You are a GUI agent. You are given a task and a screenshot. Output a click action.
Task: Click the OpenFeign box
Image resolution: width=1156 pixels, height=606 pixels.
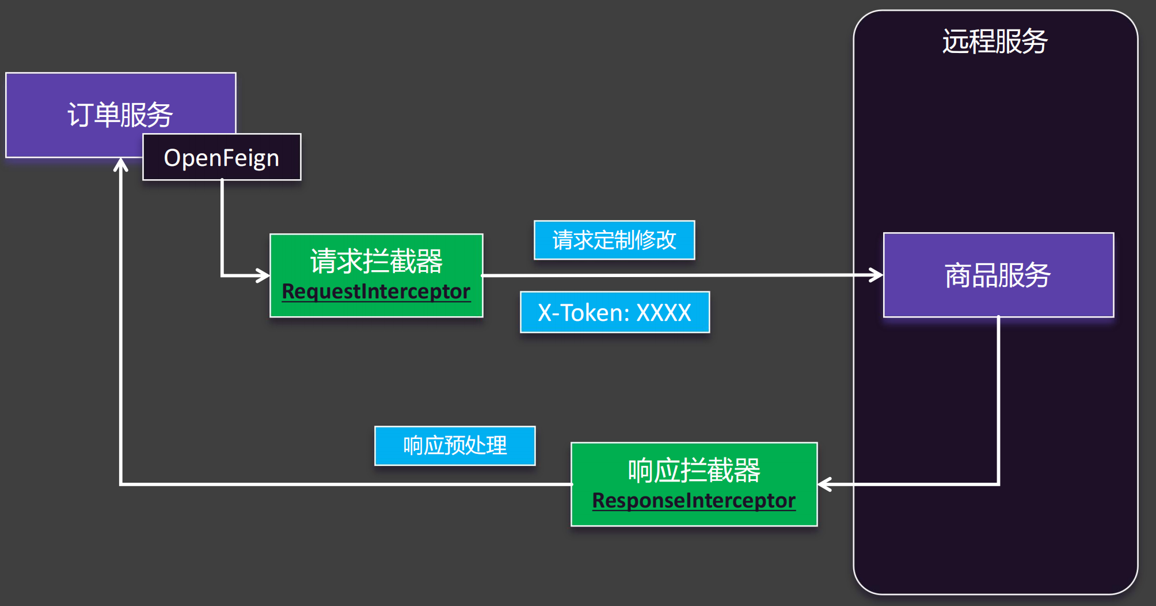[222, 157]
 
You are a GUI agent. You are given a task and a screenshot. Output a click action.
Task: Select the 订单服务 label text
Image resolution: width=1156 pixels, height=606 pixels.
[120, 115]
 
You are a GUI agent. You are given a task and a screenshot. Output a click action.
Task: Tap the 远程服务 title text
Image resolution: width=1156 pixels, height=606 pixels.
[995, 41]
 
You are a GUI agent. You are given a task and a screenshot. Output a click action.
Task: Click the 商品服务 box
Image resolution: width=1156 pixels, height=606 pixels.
[998, 275]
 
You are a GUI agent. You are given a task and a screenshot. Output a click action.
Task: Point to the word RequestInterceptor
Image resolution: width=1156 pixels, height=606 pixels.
[376, 291]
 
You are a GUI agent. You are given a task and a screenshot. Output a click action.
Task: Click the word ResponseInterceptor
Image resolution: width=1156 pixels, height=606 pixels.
[694, 500]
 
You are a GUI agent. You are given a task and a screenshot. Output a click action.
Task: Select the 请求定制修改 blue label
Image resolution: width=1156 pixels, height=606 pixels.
[614, 240]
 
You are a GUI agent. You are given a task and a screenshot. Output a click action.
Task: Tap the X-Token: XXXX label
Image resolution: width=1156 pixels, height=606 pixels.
[615, 312]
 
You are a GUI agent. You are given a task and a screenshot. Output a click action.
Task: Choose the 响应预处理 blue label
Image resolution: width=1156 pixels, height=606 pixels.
[455, 445]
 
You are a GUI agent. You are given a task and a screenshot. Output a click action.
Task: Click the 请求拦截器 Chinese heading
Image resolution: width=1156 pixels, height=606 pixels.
[376, 261]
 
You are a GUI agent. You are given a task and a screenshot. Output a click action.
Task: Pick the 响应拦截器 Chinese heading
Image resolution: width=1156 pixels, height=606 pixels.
[694, 470]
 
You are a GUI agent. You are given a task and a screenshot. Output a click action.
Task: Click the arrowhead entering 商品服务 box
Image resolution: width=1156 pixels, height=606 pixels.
[876, 275]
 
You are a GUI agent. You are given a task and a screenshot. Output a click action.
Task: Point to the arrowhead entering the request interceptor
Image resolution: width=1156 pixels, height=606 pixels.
[263, 275]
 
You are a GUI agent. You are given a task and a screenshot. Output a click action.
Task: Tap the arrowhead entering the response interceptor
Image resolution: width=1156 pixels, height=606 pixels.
[824, 484]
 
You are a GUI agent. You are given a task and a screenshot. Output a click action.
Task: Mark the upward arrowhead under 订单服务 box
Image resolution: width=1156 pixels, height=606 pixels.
[120, 165]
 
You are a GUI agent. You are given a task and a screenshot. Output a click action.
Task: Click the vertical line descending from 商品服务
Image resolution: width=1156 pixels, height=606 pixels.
[998, 400]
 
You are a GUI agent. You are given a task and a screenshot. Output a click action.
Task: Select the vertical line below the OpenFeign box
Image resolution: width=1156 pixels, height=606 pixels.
[222, 228]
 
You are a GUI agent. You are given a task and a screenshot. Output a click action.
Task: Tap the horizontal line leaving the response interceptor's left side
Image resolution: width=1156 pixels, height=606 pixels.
[346, 484]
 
